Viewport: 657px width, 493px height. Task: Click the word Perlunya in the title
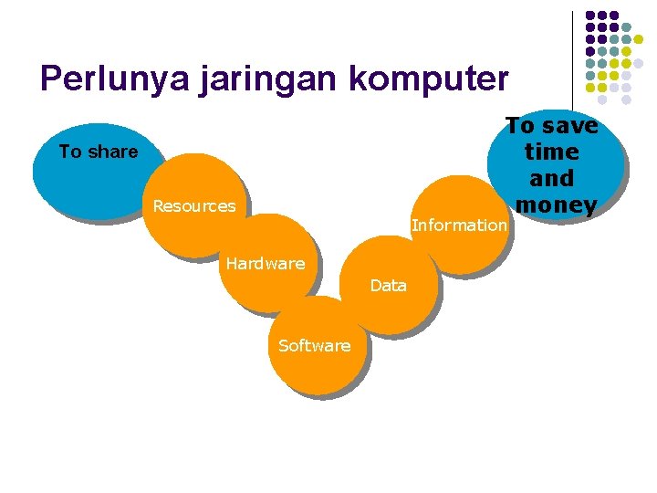click(111, 79)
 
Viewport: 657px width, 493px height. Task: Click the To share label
click(98, 152)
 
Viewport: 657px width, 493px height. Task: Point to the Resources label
click(193, 206)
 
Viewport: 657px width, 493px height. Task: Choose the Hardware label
click(265, 264)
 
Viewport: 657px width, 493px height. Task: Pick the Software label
click(314, 345)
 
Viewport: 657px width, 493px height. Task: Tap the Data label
click(388, 286)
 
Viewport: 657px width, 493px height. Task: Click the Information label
click(458, 225)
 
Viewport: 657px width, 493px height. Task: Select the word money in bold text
click(555, 205)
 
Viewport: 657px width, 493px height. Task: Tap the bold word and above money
click(553, 178)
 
